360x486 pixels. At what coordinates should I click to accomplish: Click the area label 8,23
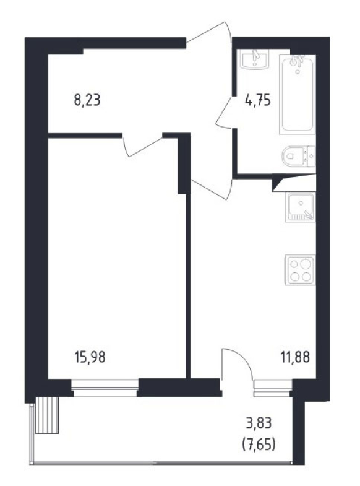point(87,101)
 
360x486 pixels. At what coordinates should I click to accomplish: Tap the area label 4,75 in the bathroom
point(257,101)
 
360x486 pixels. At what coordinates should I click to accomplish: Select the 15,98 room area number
point(90,357)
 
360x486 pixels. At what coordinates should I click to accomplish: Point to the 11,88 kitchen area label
point(295,357)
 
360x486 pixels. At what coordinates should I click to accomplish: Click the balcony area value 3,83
point(259,423)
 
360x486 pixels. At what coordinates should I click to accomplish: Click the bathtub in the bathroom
point(298,95)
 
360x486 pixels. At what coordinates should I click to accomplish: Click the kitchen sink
point(300,207)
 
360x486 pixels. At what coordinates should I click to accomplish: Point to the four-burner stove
point(300,270)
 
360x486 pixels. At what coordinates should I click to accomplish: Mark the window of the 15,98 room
point(105,388)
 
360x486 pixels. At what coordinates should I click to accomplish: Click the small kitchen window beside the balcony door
point(273,388)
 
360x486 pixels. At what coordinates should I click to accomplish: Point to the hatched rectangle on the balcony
point(47,415)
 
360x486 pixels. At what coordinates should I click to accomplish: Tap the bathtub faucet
point(297,61)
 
